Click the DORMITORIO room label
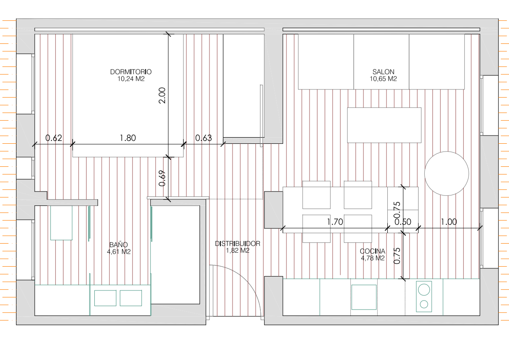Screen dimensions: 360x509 pyautogui.click(x=130, y=72)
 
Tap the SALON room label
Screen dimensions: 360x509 pyautogui.click(x=383, y=72)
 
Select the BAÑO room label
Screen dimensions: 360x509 pyautogui.click(x=119, y=244)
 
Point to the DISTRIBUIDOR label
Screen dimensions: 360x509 pyautogui.click(x=237, y=244)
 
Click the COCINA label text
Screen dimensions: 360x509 pyautogui.click(x=372, y=251)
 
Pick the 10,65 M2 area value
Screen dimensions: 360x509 pyautogui.click(x=383, y=79)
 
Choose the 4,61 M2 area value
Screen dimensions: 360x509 pyautogui.click(x=119, y=251)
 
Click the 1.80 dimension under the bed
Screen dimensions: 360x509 pyautogui.click(x=128, y=138)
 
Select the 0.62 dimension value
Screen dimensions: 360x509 pyautogui.click(x=54, y=138)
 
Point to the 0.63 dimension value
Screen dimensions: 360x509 pyautogui.click(x=203, y=138)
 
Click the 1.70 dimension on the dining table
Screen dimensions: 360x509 pyautogui.click(x=335, y=221)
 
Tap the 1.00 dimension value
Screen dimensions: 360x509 pyautogui.click(x=449, y=221)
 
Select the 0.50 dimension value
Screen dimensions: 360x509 pyautogui.click(x=403, y=221)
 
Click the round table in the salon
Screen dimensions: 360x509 pyautogui.click(x=446, y=173)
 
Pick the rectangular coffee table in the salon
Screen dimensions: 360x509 pyautogui.click(x=384, y=125)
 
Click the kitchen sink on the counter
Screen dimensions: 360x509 pyautogui.click(x=364, y=297)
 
